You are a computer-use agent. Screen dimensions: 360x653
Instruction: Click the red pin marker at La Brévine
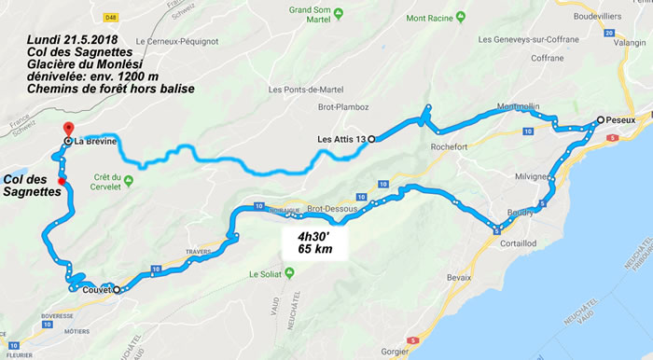click(x=66, y=130)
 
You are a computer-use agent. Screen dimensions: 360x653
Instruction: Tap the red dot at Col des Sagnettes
click(x=62, y=181)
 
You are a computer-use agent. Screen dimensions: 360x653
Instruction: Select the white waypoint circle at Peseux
click(x=601, y=120)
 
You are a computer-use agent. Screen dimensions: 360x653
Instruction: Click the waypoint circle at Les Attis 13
click(x=370, y=139)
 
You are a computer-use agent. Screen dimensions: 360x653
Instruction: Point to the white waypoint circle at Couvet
click(x=117, y=289)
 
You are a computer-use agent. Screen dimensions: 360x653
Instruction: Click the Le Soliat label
click(x=265, y=275)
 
